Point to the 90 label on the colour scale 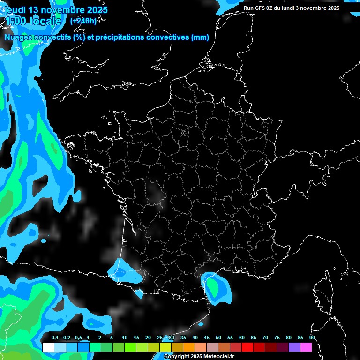(312, 338)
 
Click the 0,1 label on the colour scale (55, 338)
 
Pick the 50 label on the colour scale (218, 338)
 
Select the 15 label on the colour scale (136, 338)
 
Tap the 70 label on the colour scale (265, 338)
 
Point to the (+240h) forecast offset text (83, 21)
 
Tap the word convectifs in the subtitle (52, 37)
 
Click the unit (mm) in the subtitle (200, 37)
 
